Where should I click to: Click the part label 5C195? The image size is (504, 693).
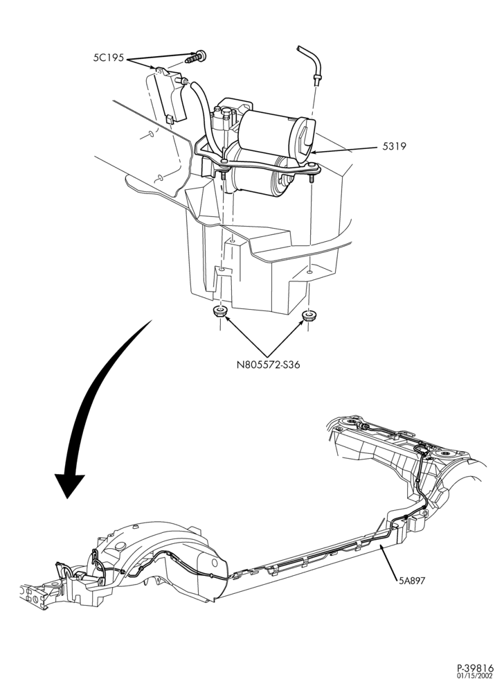click(x=109, y=58)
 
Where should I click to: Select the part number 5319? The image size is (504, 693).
click(x=394, y=147)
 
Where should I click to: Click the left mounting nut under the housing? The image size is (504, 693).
click(x=219, y=311)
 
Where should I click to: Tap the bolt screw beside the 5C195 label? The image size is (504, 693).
click(x=196, y=57)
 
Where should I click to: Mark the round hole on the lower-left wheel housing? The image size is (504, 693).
click(x=215, y=563)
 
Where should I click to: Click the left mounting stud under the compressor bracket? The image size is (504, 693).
click(x=224, y=176)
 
